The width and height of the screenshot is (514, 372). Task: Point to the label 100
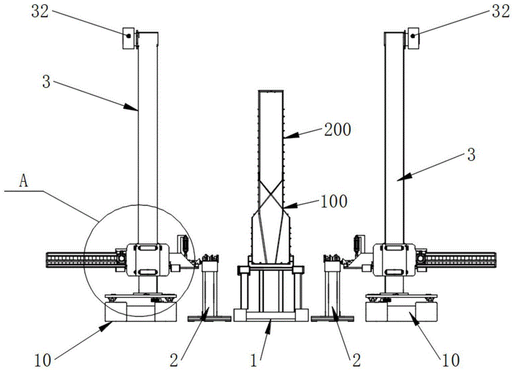coord(334,200)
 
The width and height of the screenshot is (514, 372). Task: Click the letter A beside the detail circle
coord(23,180)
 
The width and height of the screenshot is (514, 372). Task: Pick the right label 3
coord(469,154)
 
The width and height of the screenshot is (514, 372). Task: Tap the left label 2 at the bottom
coord(174,358)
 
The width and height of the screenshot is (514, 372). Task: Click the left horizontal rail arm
coord(82,259)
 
